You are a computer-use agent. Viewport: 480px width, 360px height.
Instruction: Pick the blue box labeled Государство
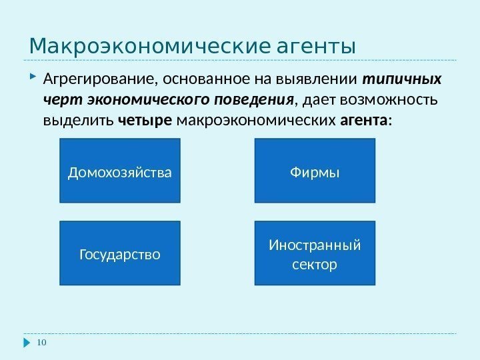click(x=120, y=253)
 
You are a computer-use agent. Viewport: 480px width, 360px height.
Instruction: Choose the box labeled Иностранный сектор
click(x=315, y=253)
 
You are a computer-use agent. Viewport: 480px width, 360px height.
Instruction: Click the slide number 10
click(x=42, y=343)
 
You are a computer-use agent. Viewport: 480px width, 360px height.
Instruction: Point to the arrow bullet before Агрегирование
click(x=32, y=80)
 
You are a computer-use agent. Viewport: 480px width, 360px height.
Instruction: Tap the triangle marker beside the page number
click(x=27, y=343)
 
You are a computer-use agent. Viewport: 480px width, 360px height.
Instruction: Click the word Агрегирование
click(x=97, y=81)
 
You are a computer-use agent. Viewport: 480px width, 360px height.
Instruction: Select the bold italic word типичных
click(x=401, y=81)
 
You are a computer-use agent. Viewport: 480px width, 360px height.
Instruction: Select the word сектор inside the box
click(x=315, y=265)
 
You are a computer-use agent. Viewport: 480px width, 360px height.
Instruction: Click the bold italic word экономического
click(x=153, y=101)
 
